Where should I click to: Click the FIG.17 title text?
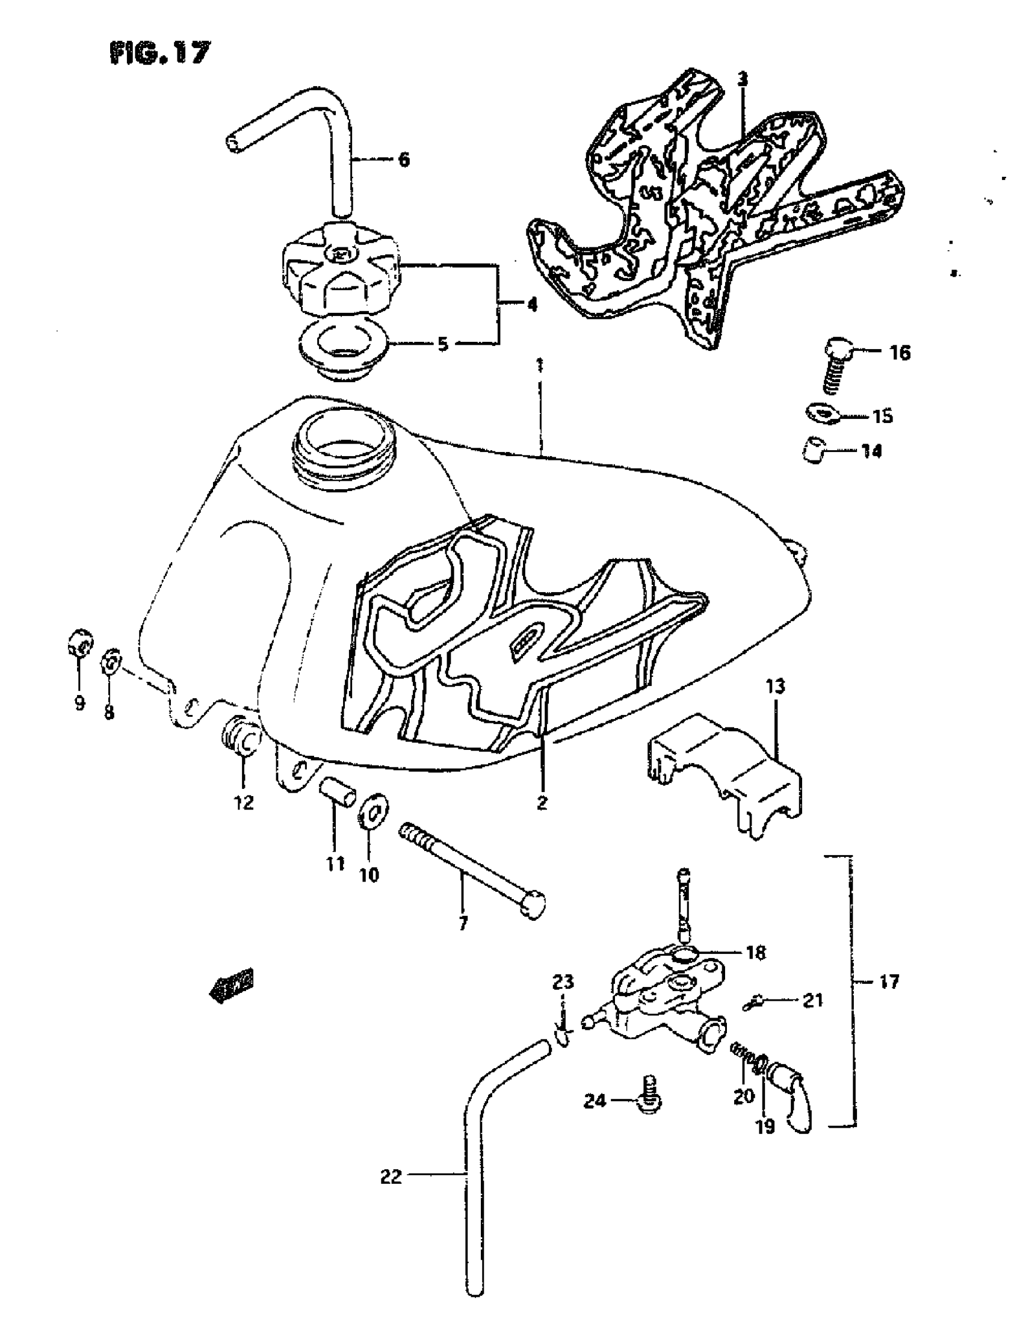point(160,54)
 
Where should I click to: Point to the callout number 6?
point(404,160)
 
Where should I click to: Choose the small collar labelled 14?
point(812,453)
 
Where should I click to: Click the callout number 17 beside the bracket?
point(888,982)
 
